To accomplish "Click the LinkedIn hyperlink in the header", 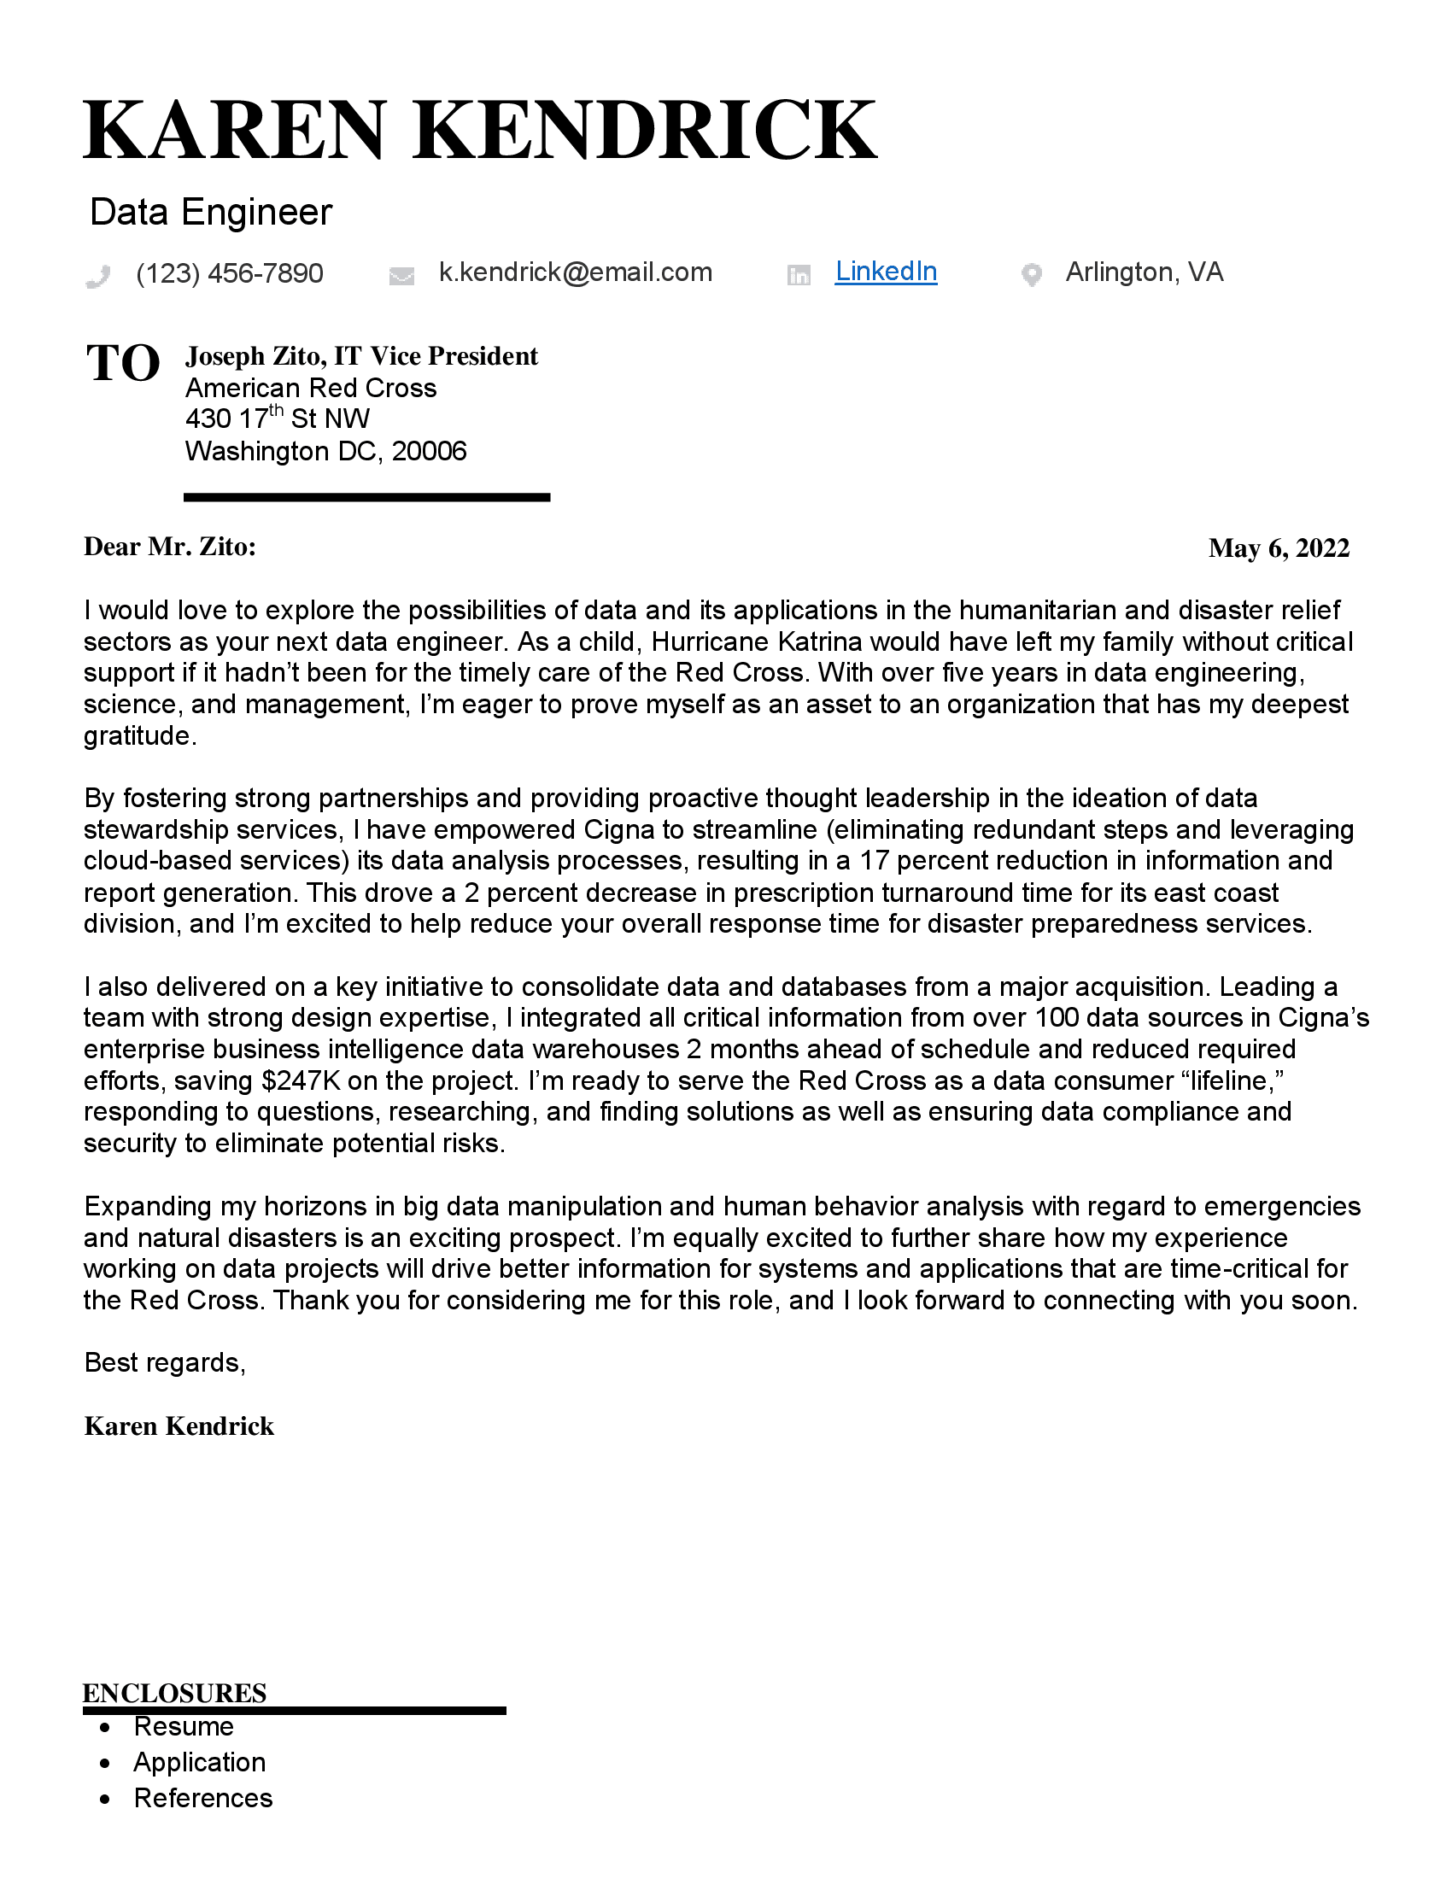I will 885,272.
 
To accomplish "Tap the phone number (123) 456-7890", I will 230,273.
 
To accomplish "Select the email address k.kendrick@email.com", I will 576,272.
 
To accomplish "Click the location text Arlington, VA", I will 1144,272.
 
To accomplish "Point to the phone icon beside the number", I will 99,276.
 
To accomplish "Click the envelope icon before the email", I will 401,276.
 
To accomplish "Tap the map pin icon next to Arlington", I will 1032,275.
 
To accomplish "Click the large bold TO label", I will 123,363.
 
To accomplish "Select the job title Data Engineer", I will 211,213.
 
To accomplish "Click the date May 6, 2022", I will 1279,548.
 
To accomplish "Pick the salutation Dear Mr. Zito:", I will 169,547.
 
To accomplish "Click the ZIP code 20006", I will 430,452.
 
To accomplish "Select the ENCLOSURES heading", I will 174,1693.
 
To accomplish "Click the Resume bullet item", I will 184,1727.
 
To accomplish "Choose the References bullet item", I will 203,1798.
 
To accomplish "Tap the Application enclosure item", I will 200,1762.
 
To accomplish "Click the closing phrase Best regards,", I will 165,1363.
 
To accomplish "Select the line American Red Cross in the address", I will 311,388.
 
